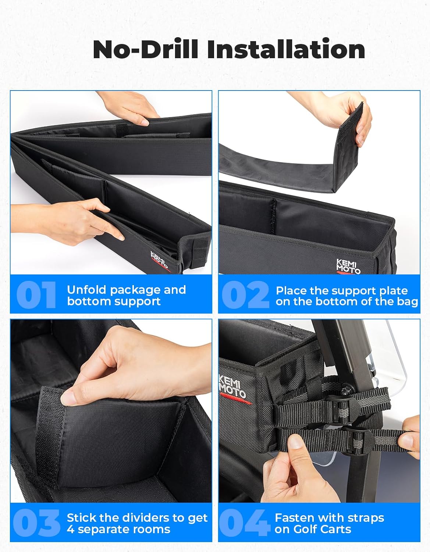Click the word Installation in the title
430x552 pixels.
(286, 49)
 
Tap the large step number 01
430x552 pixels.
(36, 295)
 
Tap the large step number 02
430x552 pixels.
(245, 295)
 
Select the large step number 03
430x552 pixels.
(36, 523)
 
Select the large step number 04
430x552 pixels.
(244, 523)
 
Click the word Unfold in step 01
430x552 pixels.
(87, 290)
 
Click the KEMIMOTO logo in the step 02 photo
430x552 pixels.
(348, 266)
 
